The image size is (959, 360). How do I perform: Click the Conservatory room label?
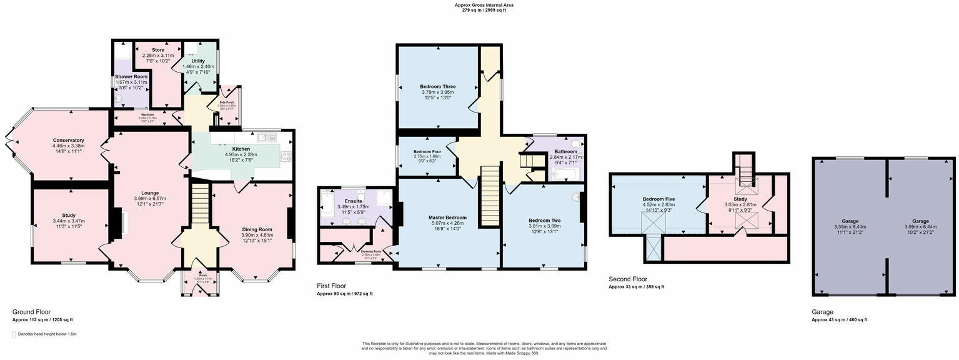(x=69, y=140)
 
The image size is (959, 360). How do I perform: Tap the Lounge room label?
(x=150, y=193)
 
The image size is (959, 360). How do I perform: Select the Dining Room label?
(x=257, y=229)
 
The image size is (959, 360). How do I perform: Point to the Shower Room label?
(x=131, y=77)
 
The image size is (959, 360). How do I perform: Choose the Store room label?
(x=158, y=50)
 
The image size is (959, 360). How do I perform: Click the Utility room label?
(x=199, y=61)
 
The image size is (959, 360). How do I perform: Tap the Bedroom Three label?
(x=437, y=87)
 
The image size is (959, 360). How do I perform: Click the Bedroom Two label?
(x=545, y=221)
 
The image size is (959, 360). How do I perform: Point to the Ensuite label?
(x=345, y=201)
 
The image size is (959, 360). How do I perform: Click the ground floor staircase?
(x=198, y=206)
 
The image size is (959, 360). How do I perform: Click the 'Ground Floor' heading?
(x=31, y=312)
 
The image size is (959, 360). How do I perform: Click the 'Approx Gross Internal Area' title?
(x=484, y=5)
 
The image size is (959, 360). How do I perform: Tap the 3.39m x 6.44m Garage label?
(x=849, y=221)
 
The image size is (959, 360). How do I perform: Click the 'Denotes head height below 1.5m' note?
(x=47, y=334)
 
